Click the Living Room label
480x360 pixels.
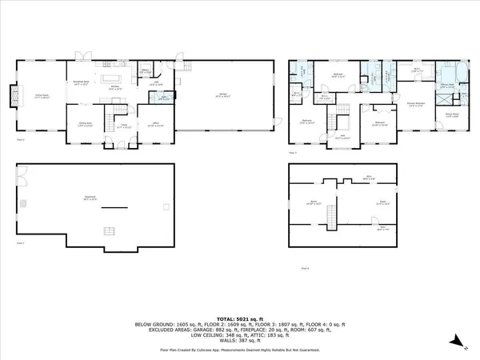(38, 96)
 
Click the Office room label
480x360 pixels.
(158, 123)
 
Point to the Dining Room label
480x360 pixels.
(82, 123)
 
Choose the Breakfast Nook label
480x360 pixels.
(82, 82)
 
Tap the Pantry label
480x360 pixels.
(146, 70)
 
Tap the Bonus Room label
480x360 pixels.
(453, 116)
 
